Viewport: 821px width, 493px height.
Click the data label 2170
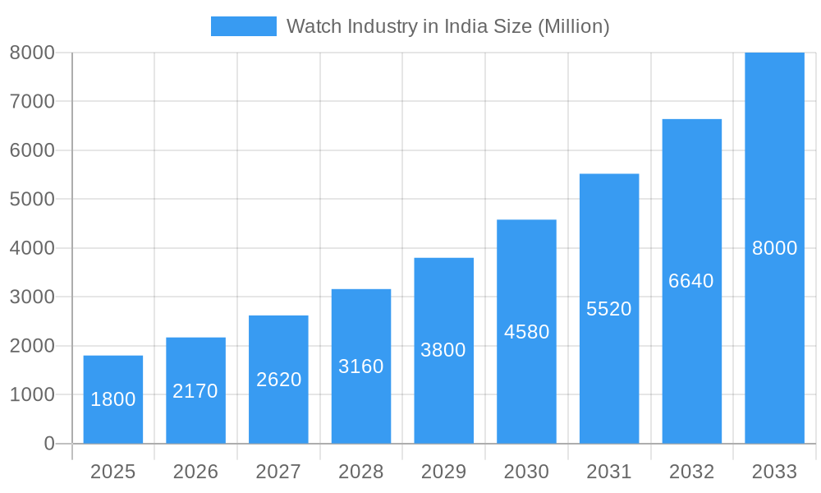click(x=195, y=391)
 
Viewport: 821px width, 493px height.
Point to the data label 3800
click(x=443, y=350)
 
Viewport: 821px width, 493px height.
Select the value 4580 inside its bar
click(x=526, y=332)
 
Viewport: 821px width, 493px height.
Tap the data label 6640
click(x=691, y=281)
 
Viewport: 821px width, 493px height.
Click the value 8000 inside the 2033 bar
click(x=774, y=248)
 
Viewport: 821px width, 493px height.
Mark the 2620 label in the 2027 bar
click(x=278, y=380)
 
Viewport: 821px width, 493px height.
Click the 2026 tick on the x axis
click(x=195, y=472)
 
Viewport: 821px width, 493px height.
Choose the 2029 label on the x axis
click(x=443, y=472)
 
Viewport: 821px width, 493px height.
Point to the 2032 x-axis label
click(x=691, y=472)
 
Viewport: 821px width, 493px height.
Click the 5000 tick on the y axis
click(x=32, y=200)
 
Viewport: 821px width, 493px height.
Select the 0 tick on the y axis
click(x=48, y=444)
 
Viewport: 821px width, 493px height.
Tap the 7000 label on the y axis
click(x=32, y=102)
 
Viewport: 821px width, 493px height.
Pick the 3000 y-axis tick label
click(x=32, y=297)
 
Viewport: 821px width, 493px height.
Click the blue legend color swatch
click(x=244, y=26)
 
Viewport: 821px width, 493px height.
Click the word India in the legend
click(x=467, y=26)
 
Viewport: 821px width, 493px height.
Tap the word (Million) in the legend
click(x=573, y=26)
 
